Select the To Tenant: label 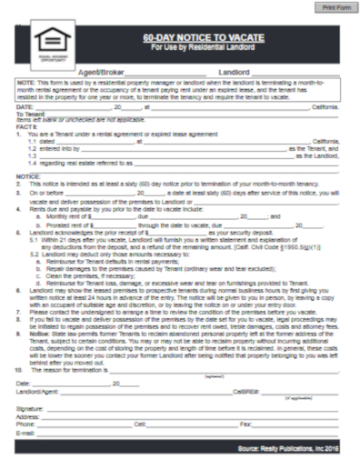(x=30, y=113)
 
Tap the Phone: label (x=26, y=424)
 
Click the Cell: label (x=139, y=424)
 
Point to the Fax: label (x=245, y=424)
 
